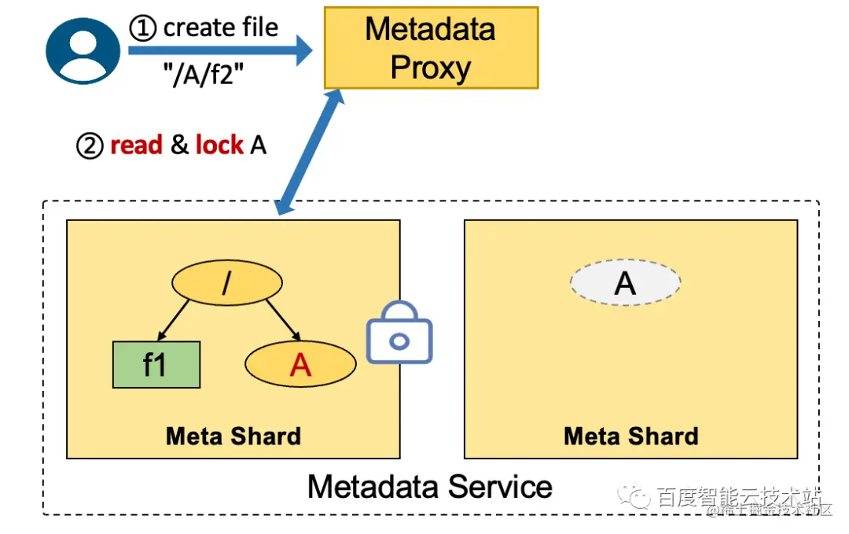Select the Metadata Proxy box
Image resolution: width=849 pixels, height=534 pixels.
[x=431, y=48]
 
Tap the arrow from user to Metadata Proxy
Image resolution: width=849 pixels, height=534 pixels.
[x=219, y=53]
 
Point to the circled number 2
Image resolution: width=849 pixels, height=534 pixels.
[x=90, y=146]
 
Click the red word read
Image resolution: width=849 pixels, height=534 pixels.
[x=136, y=145]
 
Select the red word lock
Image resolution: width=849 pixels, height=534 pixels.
[x=219, y=145]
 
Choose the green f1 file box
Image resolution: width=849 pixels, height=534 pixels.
[x=156, y=365]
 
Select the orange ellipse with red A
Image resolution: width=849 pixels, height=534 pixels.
[x=300, y=364]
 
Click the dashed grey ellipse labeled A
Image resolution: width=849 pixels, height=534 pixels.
[x=625, y=282]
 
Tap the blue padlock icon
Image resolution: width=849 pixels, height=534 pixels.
[x=399, y=333]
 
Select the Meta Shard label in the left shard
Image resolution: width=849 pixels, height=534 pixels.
[x=233, y=436]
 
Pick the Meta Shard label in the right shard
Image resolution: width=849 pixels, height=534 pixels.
[x=630, y=436]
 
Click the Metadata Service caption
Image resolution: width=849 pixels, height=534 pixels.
[x=429, y=486]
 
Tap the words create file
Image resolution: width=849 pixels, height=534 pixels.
[x=221, y=28]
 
